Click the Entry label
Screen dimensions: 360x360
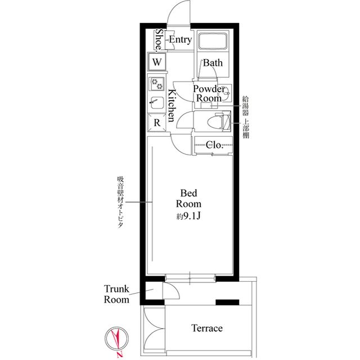(x=180, y=40)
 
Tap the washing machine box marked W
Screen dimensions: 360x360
(x=157, y=62)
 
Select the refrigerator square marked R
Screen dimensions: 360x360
(x=157, y=123)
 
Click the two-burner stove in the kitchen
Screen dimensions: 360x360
(x=157, y=84)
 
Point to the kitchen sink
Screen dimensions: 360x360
(x=157, y=103)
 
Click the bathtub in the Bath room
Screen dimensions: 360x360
(x=213, y=40)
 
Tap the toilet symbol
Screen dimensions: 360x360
(x=218, y=121)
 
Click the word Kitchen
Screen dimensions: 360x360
(x=172, y=106)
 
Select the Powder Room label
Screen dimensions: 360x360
(x=209, y=93)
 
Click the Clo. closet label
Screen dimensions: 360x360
(x=214, y=145)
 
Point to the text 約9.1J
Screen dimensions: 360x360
(x=188, y=216)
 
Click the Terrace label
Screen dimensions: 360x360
(x=207, y=328)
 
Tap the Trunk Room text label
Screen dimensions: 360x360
(x=116, y=294)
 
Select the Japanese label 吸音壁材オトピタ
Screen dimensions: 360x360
(x=120, y=202)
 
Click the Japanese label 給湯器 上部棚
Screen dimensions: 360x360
(x=246, y=117)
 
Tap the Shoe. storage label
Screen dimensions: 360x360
(x=159, y=39)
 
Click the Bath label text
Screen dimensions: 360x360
(x=213, y=62)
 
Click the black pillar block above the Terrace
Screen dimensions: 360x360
(x=227, y=303)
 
